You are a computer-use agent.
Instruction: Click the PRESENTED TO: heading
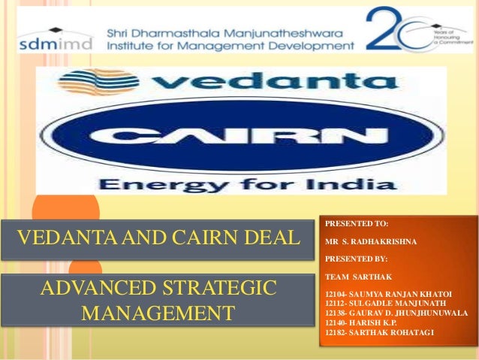(357, 223)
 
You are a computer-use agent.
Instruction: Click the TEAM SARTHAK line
(355, 276)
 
